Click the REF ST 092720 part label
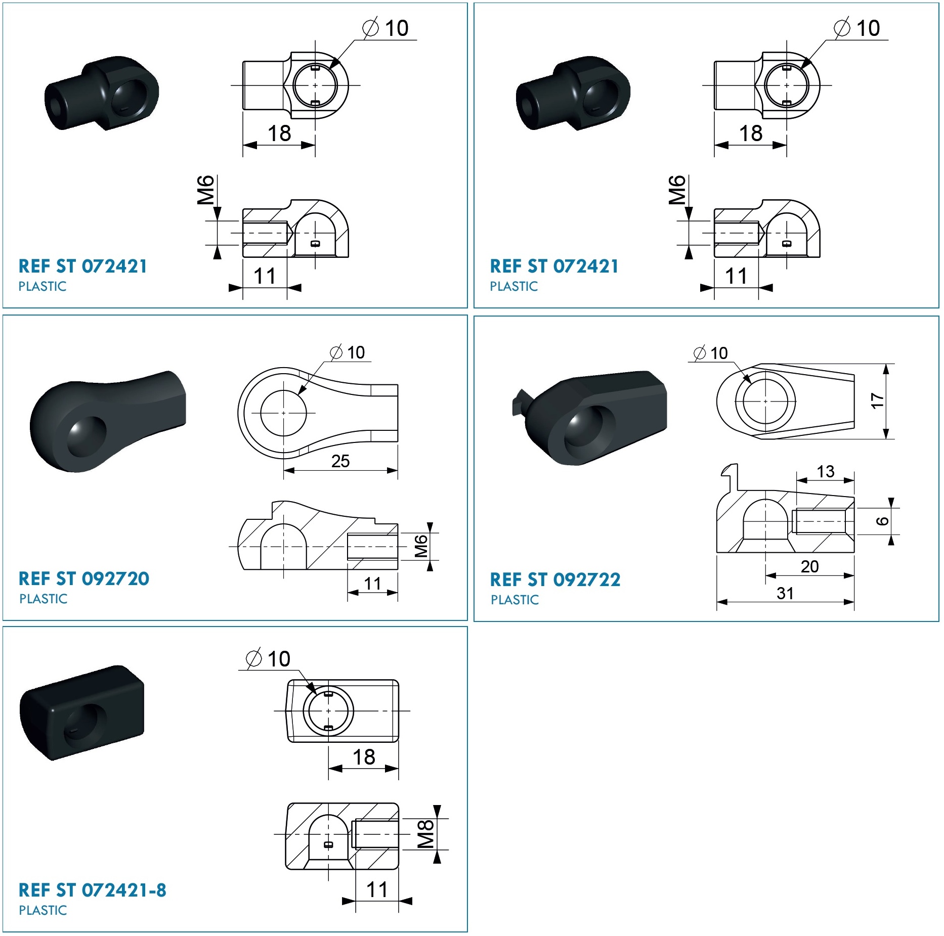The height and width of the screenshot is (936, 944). (84, 578)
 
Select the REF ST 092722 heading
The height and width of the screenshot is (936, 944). (555, 580)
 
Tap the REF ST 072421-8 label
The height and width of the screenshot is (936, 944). (92, 890)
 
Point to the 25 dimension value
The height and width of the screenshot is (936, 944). (340, 461)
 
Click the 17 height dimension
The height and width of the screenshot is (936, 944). (877, 401)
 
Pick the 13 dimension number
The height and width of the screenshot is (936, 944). (826, 471)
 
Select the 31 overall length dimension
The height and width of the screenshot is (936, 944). (785, 593)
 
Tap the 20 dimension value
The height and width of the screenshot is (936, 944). (809, 566)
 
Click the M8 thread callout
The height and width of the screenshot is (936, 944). (425, 834)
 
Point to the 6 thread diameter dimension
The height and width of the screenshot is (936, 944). (882, 521)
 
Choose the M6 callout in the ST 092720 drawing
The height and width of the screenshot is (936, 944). (421, 547)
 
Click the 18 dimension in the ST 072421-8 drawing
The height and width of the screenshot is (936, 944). (364, 757)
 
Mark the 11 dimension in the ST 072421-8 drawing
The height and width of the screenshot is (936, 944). (377, 889)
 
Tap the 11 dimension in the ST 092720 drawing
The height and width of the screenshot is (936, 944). (373, 584)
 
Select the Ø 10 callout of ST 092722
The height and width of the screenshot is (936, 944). (710, 353)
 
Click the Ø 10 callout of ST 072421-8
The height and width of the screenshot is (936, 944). (268, 659)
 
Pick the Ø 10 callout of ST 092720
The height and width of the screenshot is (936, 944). (347, 352)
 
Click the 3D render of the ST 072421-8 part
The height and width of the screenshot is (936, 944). (82, 712)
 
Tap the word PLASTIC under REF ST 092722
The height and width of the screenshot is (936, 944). (514, 600)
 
